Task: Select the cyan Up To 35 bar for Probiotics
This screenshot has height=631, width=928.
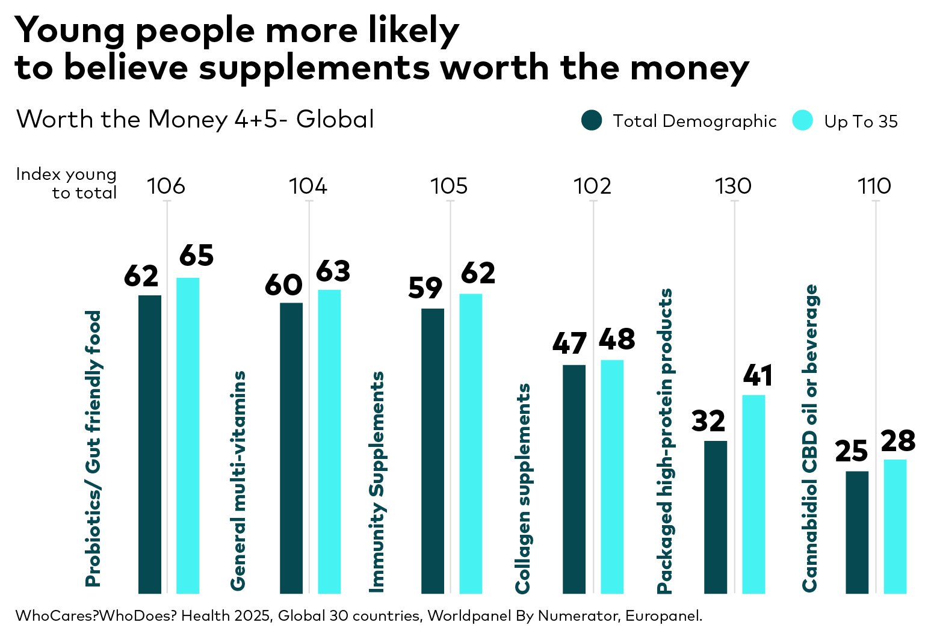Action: point(188,436)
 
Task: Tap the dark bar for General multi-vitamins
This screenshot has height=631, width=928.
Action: point(291,448)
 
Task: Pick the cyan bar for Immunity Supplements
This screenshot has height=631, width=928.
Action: point(471,443)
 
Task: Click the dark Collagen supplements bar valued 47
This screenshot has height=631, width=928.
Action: point(574,479)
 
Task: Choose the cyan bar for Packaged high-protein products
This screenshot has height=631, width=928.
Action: point(753,494)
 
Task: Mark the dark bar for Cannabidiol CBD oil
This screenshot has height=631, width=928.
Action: point(857,532)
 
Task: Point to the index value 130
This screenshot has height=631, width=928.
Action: point(734,186)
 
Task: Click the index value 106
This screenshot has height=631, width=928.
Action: point(166,186)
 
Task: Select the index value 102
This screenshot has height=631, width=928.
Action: point(592,186)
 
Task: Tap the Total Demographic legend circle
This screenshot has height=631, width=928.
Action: point(592,120)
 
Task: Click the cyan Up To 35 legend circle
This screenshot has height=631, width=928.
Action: point(803,120)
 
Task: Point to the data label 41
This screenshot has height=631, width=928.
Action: point(757,376)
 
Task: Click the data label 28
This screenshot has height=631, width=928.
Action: point(898,441)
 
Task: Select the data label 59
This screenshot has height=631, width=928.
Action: point(425,288)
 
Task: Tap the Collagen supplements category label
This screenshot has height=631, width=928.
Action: point(523,488)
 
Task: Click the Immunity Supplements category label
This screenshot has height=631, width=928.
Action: point(377,482)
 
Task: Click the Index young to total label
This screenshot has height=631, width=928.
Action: point(67,183)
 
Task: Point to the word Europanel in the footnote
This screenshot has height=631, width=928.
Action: point(663,616)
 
